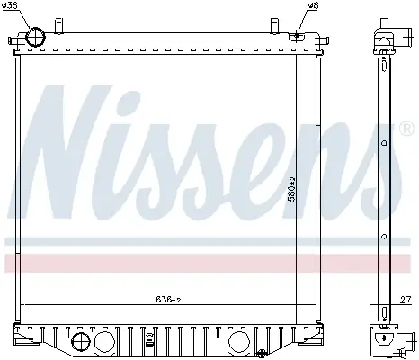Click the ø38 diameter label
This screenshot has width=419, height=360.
(10, 5)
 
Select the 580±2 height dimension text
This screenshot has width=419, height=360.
(291, 189)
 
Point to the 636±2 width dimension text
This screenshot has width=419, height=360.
(168, 299)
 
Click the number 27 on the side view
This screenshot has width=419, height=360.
(406, 300)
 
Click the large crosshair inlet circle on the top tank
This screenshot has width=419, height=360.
(36, 37)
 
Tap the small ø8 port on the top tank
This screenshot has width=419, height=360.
(297, 36)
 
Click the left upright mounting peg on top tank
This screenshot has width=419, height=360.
(59, 26)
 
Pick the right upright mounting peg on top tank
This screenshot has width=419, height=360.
(274, 26)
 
